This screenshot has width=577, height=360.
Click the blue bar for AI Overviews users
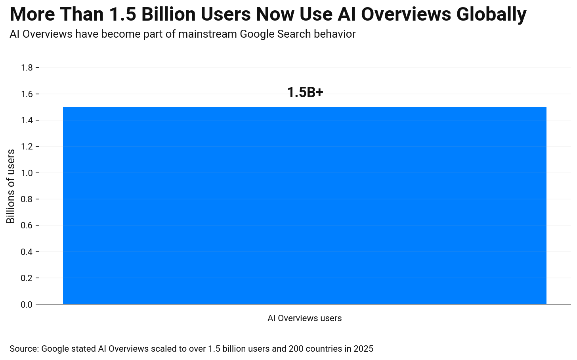[304, 205]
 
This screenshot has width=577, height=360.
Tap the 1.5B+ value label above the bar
[305, 93]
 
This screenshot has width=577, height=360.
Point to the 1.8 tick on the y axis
[27, 68]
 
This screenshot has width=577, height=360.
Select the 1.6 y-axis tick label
[27, 94]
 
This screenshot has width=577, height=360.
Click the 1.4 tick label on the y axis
[27, 121]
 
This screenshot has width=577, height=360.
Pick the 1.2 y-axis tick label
[27, 147]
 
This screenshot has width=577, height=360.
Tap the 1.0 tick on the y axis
[27, 173]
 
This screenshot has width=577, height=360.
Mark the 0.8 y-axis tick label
[27, 199]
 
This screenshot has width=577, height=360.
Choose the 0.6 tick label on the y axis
[27, 226]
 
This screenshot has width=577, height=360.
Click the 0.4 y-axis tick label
[27, 252]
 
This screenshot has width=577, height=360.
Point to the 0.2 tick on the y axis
[27, 278]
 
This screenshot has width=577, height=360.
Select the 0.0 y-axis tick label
[27, 304]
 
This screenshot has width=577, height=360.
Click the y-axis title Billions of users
[11, 186]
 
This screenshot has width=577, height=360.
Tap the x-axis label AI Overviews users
[304, 318]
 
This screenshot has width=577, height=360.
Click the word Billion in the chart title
[171, 15]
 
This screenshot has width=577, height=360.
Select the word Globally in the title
[491, 15]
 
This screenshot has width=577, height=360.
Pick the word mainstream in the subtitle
[208, 34]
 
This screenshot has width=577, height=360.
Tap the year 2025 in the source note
[364, 349]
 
